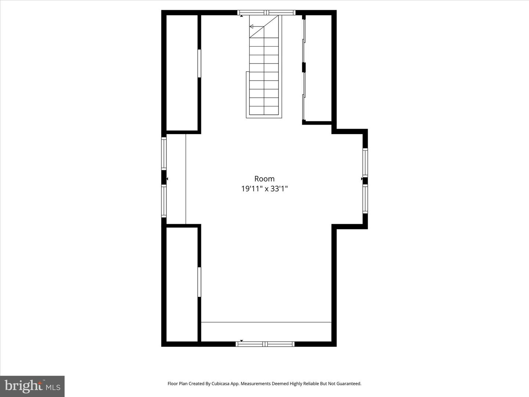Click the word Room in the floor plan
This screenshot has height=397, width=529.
click(264, 179)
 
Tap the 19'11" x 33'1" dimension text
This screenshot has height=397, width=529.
click(264, 189)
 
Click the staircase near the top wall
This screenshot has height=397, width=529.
click(264, 74)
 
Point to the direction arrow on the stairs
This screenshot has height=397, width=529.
click(252, 26)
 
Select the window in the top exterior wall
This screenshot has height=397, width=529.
click(266, 12)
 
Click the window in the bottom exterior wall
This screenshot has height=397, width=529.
click(265, 344)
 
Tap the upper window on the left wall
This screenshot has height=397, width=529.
click(164, 153)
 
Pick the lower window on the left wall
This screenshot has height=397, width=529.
click(164, 201)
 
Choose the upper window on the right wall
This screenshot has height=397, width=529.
click(365, 162)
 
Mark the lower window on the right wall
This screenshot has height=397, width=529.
click(365, 199)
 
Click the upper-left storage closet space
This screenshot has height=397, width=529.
click(182, 73)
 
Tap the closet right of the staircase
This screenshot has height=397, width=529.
click(318, 68)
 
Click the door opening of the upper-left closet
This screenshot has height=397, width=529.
click(199, 63)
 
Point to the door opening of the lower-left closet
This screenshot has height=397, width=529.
click(199, 282)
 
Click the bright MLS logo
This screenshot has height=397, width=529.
click(32, 386)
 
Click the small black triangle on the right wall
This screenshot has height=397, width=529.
click(362, 179)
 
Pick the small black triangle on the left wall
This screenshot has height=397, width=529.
click(167, 179)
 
